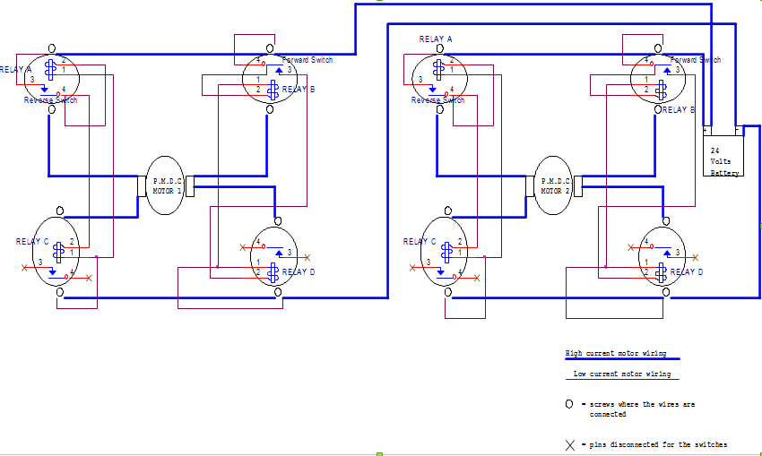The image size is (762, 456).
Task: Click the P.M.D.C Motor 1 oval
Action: point(164,185)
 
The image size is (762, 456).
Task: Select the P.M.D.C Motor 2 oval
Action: point(552,185)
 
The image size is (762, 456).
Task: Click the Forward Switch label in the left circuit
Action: point(307,60)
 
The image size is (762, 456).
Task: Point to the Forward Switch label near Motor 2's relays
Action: point(696,60)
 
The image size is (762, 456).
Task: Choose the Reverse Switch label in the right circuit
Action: point(438,100)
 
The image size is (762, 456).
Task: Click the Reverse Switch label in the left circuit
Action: point(50,100)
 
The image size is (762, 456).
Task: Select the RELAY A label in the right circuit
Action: point(436,39)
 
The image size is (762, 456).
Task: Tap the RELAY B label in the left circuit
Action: point(299,90)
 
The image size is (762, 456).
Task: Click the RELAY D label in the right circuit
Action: point(687,271)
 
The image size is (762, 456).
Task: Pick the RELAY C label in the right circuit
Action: point(420,242)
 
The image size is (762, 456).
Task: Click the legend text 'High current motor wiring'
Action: point(615,354)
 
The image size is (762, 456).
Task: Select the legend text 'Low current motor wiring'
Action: point(621,374)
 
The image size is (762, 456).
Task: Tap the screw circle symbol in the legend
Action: point(569,405)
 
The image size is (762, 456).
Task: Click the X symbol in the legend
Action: point(569,444)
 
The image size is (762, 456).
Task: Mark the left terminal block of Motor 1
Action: point(141,185)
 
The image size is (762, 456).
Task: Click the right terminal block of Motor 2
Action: point(577,185)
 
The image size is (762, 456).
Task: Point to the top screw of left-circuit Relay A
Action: point(52,47)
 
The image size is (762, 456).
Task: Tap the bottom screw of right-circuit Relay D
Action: point(664,293)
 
